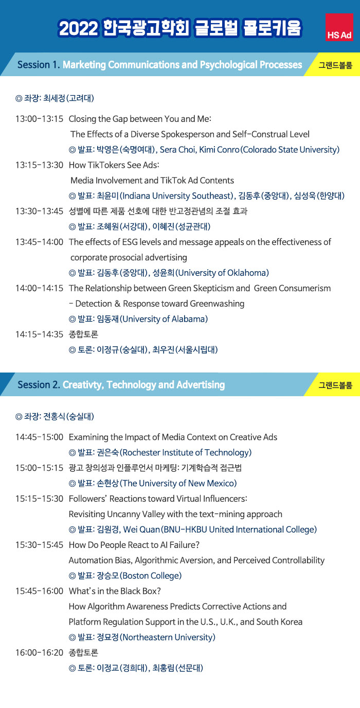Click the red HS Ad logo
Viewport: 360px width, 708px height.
click(339, 27)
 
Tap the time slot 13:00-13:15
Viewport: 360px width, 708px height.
click(40, 119)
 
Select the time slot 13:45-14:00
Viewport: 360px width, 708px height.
click(40, 242)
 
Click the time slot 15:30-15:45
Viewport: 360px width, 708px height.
click(40, 545)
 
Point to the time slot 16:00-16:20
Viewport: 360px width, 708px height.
click(40, 652)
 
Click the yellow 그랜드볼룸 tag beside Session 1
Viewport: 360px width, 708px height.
click(335, 65)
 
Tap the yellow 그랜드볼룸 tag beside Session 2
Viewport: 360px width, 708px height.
click(335, 385)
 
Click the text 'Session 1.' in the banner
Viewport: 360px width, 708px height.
click(39, 65)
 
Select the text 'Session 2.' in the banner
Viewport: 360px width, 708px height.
click(39, 385)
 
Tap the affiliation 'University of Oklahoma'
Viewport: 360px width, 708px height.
click(222, 273)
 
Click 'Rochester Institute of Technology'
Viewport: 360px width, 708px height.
click(186, 453)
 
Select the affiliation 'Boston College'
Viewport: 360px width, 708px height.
click(151, 576)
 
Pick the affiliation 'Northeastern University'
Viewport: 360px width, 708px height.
click(168, 637)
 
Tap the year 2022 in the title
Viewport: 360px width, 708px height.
click(78, 28)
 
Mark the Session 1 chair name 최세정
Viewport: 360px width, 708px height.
click(54, 98)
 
